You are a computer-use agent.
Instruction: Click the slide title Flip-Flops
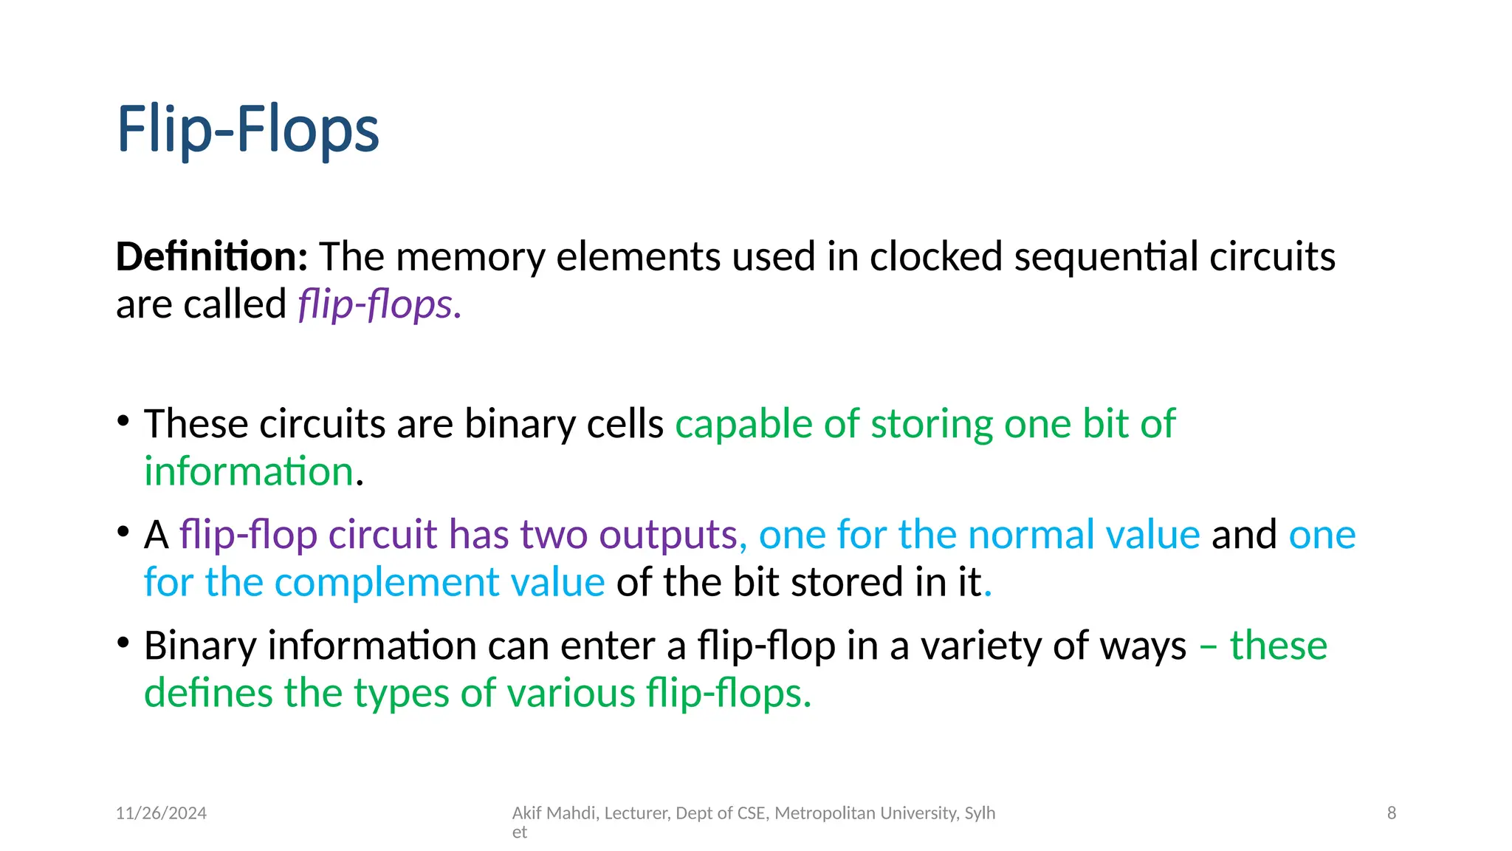(248, 130)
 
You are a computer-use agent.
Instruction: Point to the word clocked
(935, 257)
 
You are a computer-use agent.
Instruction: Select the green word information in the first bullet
(249, 472)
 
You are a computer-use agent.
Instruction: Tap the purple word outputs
(667, 535)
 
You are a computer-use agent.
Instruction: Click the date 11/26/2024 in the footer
(161, 813)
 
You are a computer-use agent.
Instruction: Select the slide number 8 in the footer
(1391, 813)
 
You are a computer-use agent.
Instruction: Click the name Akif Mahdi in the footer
(554, 813)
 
